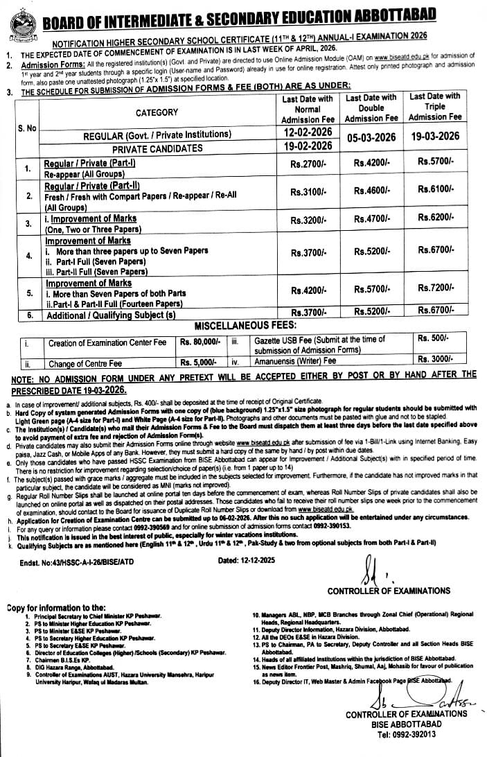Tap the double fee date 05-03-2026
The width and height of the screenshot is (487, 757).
pyautogui.click(x=371, y=137)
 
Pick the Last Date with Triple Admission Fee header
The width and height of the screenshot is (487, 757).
pyautogui.click(x=434, y=107)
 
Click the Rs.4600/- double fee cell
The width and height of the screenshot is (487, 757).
pyautogui.click(x=371, y=189)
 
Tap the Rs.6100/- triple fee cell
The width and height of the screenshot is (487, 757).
pyautogui.click(x=434, y=189)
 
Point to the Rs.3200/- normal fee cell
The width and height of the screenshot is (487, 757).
pyautogui.click(x=308, y=220)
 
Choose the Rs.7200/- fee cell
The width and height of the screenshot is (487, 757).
pyautogui.click(x=434, y=287)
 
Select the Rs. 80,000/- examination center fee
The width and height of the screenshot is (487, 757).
pyautogui.click(x=200, y=341)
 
